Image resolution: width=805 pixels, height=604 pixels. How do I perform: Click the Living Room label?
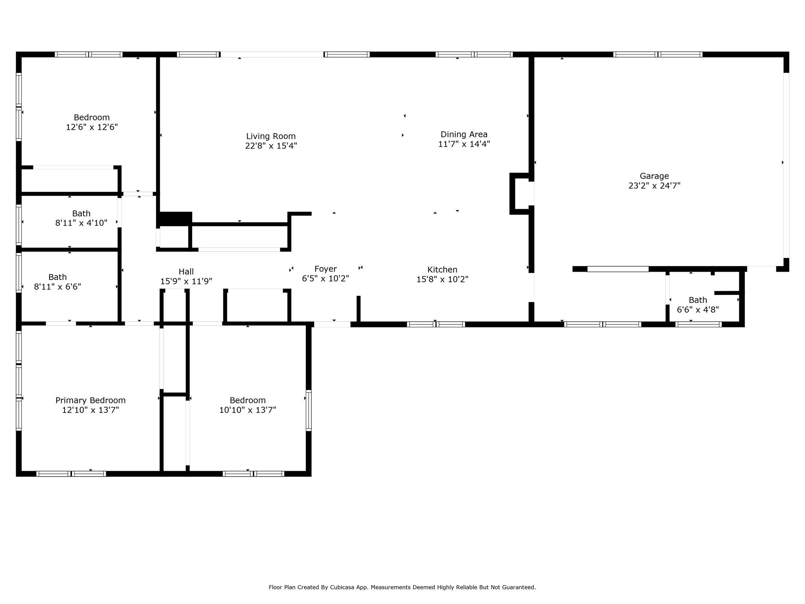(x=271, y=136)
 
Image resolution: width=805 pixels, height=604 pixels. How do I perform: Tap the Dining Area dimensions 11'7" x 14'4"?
(x=464, y=144)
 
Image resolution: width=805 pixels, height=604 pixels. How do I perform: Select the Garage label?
(x=654, y=176)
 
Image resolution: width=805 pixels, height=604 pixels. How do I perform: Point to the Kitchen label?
(x=442, y=269)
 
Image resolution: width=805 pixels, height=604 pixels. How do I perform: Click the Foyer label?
(x=325, y=269)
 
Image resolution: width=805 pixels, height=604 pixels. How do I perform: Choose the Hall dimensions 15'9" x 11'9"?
(x=186, y=281)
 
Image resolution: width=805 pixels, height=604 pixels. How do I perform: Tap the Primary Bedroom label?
(x=90, y=400)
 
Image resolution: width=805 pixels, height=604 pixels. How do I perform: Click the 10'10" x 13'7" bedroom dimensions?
(x=248, y=410)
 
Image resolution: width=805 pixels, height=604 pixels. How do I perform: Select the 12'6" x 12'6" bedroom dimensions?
(x=92, y=127)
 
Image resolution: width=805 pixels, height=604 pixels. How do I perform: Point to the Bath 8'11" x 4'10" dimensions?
(x=81, y=223)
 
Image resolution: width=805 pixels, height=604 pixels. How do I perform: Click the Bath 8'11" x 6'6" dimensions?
(x=58, y=287)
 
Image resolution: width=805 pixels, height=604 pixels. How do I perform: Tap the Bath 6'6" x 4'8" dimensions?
(x=698, y=309)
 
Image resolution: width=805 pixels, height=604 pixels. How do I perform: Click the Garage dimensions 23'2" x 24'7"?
(x=654, y=186)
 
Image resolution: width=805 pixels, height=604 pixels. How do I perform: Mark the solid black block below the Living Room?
(x=175, y=219)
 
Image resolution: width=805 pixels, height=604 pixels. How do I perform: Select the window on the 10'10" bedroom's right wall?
(x=309, y=410)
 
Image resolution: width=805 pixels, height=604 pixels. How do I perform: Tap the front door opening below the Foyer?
(x=332, y=324)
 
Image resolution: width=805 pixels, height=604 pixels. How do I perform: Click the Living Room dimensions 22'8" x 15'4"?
(x=271, y=146)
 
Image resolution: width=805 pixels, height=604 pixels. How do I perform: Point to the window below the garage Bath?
(x=698, y=324)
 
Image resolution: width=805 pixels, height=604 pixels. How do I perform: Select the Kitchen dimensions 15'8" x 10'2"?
(x=442, y=279)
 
